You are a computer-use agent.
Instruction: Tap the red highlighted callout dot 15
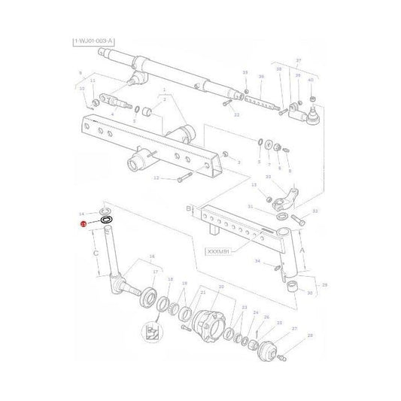[84, 224]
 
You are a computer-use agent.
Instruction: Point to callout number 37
[298, 60]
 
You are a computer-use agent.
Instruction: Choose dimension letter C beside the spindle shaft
[96, 254]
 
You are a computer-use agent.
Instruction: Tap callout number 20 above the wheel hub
[221, 287]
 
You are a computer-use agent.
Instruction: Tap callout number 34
[257, 261]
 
